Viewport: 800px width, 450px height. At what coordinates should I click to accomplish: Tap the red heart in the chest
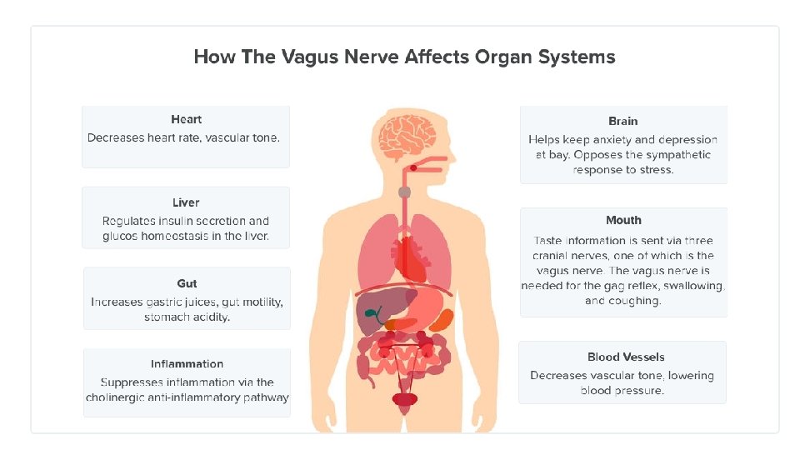point(410,257)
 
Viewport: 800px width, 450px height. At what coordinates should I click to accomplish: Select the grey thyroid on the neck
point(404,192)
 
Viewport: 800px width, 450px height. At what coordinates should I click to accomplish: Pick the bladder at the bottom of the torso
point(405,399)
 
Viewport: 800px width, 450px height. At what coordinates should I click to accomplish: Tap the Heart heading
point(186,119)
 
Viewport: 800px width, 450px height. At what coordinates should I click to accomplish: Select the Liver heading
point(186,202)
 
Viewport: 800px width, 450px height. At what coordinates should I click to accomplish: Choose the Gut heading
point(187,283)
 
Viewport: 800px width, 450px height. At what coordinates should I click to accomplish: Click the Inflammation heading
point(187,363)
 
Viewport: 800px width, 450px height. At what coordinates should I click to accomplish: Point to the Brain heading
point(623,121)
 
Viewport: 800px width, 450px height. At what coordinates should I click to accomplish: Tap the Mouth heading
point(623,220)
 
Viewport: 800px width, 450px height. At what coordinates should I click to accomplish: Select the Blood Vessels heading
point(626,357)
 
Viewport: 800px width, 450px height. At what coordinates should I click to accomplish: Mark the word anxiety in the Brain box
point(615,139)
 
